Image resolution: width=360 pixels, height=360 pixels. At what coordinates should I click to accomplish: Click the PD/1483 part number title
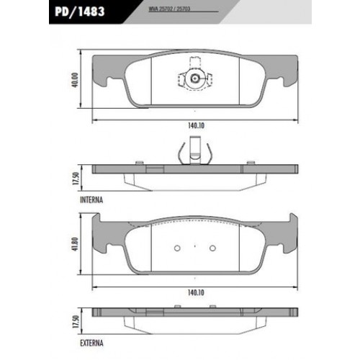pos(80,12)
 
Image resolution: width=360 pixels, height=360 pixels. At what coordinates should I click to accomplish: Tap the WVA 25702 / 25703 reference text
pos(169,9)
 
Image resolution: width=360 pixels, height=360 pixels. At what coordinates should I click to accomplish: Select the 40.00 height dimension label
pos(75,80)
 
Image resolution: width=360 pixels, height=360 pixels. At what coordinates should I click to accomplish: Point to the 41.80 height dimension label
pos(75,244)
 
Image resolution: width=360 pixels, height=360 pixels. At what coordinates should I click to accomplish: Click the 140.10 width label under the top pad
pos(196,125)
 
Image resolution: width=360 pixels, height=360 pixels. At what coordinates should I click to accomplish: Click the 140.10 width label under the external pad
pos(196,292)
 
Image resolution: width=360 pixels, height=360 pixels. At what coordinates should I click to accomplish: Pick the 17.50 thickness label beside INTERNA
pos(76,179)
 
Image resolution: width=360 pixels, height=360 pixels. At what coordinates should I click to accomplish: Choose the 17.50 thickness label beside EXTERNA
pos(76,322)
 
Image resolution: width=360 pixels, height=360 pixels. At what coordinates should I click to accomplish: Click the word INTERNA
pos(91,200)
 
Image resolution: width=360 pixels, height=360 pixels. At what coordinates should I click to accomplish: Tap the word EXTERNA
pos(91,343)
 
